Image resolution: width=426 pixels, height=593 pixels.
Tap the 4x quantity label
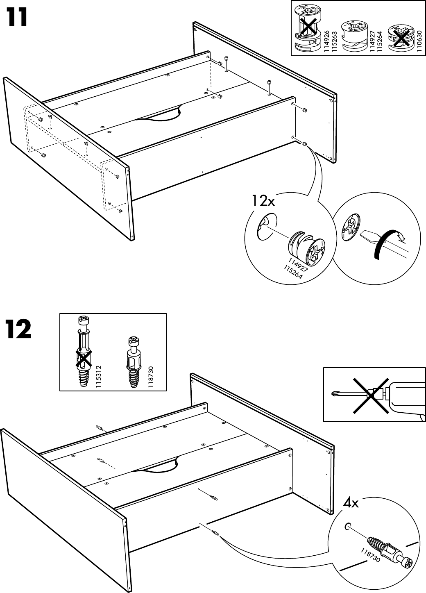[x=351, y=502]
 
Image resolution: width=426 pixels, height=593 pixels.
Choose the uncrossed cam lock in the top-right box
[x=353, y=35]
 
